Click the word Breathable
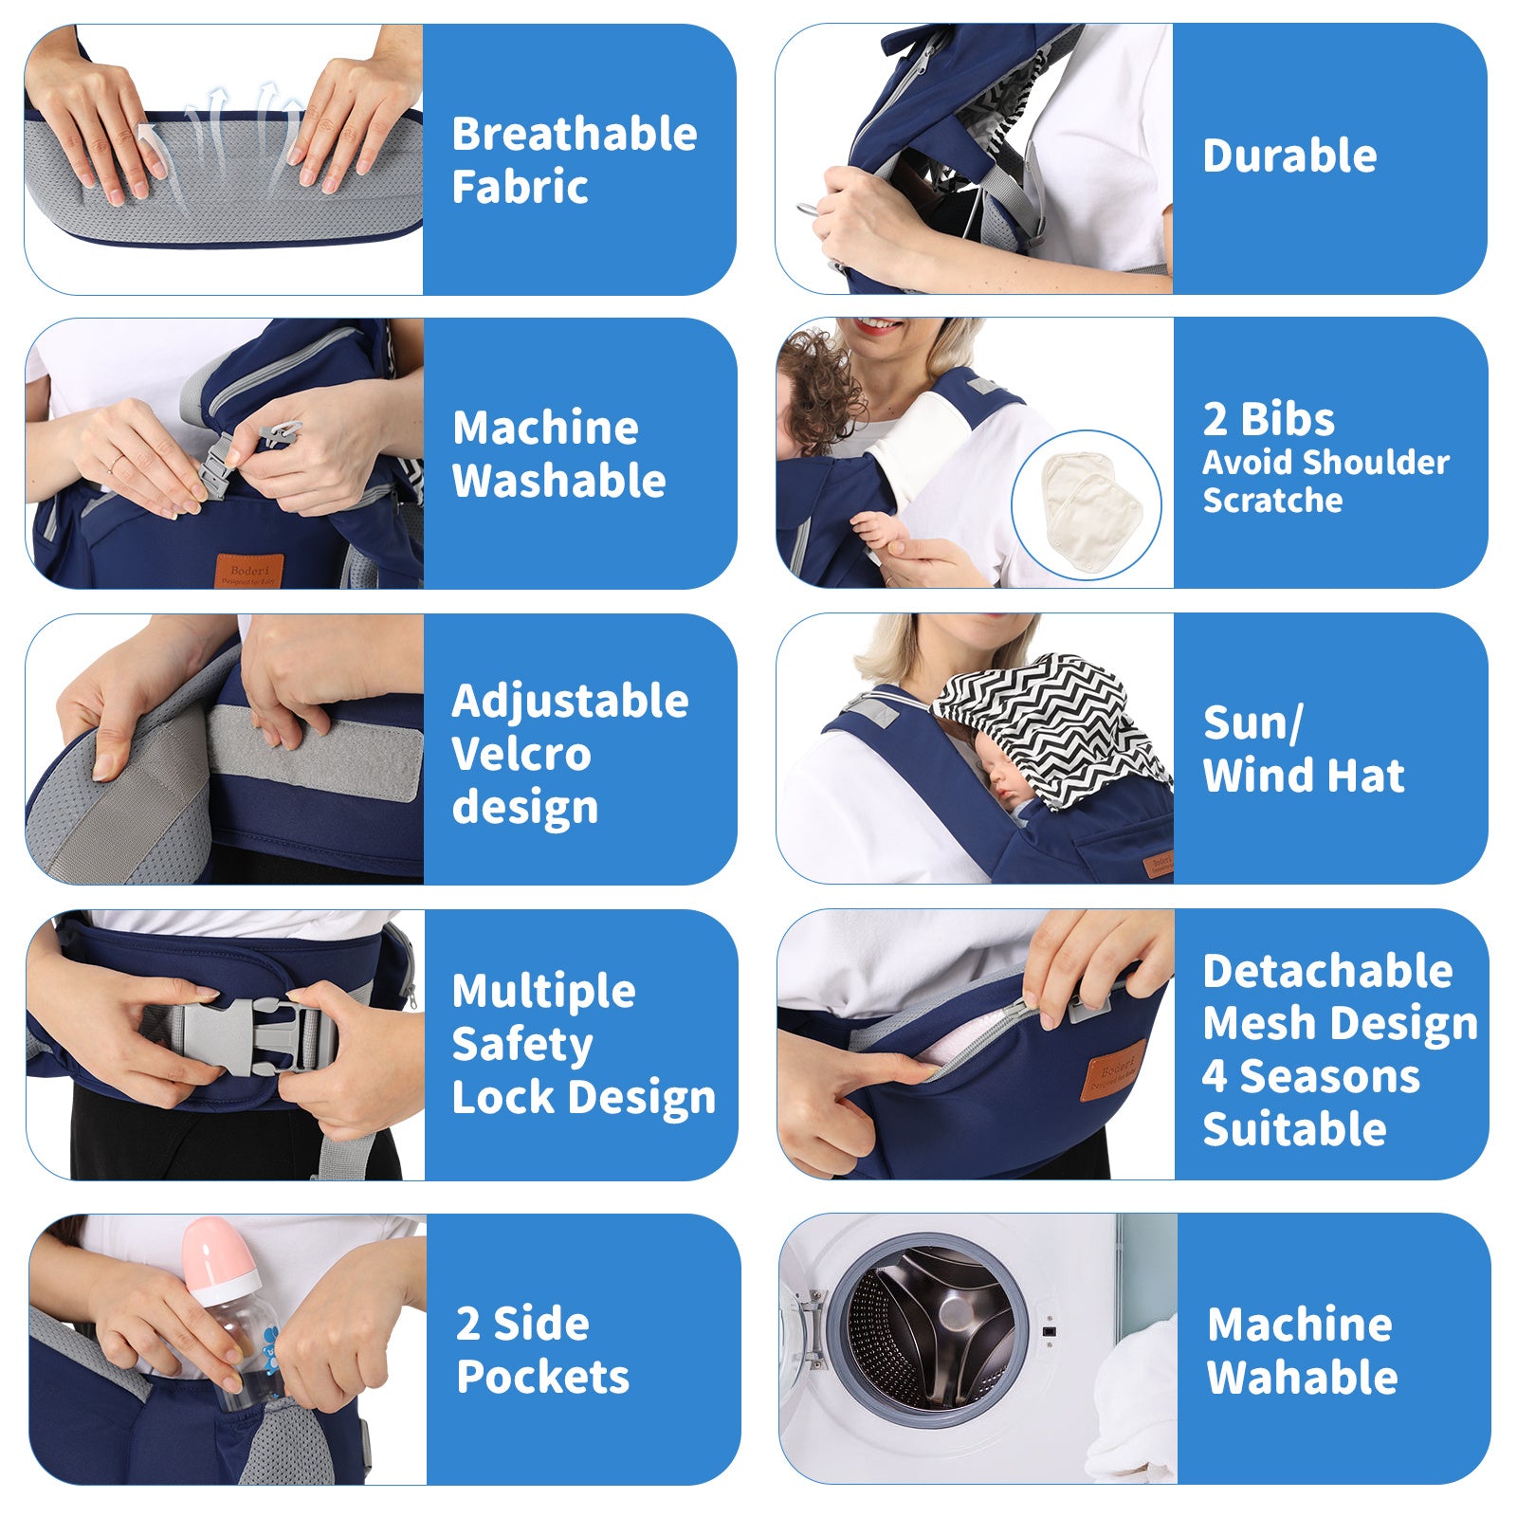(x=575, y=134)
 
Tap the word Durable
(x=1289, y=155)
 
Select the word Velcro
(x=521, y=755)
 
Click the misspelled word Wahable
(x=1303, y=1377)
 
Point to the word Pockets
(x=542, y=1377)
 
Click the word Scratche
(x=1272, y=500)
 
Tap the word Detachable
(x=1327, y=971)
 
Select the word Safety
(x=522, y=1045)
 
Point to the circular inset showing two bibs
(x=1087, y=505)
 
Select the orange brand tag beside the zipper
(x=1115, y=1070)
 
